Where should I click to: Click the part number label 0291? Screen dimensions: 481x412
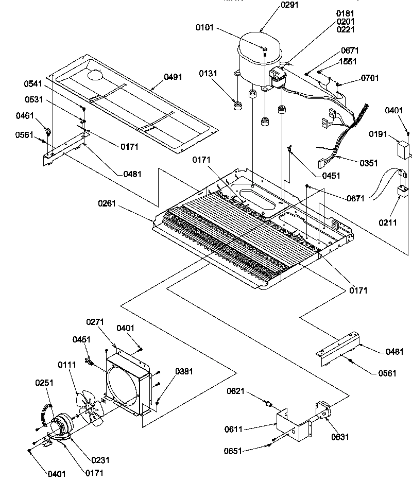(276, 5)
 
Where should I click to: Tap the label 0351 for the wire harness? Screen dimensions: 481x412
(369, 163)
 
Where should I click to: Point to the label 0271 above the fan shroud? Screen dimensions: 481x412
(95, 322)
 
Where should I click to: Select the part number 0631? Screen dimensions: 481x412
(340, 437)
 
